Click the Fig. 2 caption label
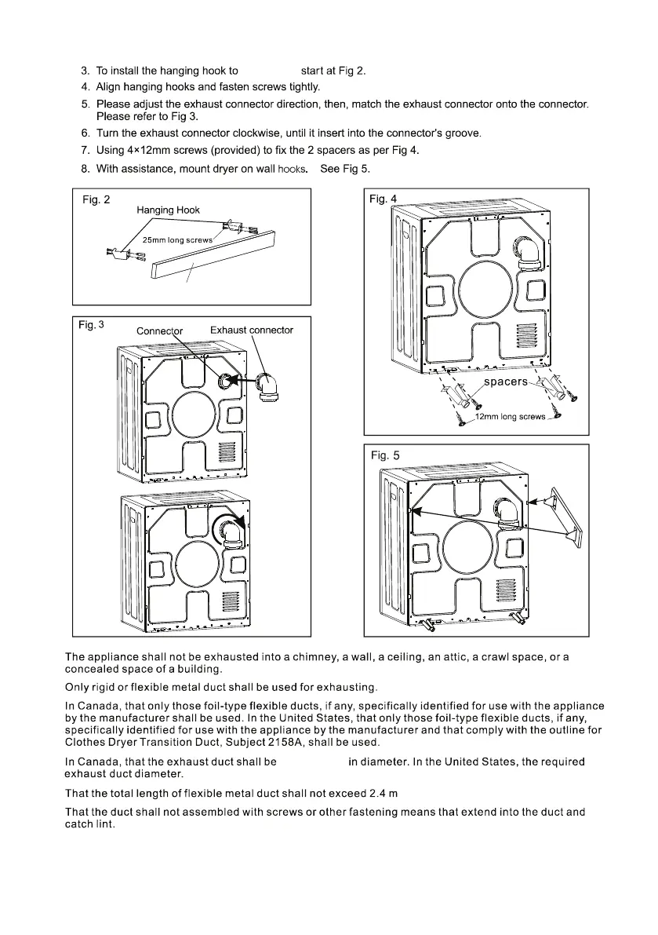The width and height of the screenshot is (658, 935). coord(93,200)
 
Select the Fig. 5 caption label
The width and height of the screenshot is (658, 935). coord(385,455)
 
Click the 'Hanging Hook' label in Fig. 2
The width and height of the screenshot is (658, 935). coord(168,210)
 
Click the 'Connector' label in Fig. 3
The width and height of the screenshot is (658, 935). coord(159,331)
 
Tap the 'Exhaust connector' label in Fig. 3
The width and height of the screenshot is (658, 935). coord(252,330)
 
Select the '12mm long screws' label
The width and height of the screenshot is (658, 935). coord(511,417)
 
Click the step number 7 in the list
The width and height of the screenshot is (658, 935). coord(85,150)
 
